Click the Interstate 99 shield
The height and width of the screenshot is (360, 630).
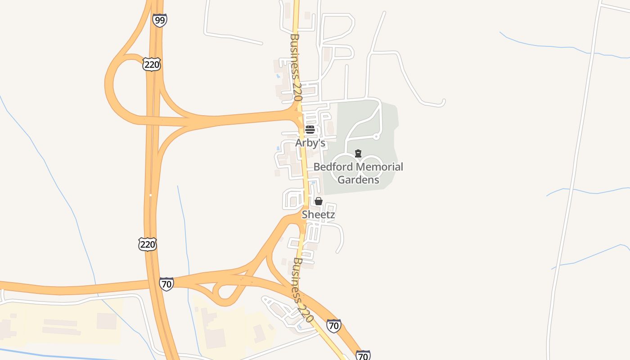[x=159, y=20]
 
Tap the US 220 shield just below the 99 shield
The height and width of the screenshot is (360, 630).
[x=152, y=64]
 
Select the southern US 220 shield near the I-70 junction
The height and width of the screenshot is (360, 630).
[x=147, y=244]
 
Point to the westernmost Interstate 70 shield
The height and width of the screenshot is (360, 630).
[x=166, y=284]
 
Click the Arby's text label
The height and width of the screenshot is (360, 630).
[x=310, y=143]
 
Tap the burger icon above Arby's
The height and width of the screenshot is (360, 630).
[x=310, y=130]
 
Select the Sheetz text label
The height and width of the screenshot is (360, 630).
[x=318, y=215]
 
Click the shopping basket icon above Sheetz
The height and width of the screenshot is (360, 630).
[x=318, y=201]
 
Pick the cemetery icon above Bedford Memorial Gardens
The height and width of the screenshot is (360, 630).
[x=358, y=153]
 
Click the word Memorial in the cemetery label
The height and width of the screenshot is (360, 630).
[x=379, y=167]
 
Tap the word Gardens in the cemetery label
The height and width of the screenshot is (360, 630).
[x=358, y=180]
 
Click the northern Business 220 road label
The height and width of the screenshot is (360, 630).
[x=296, y=67]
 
